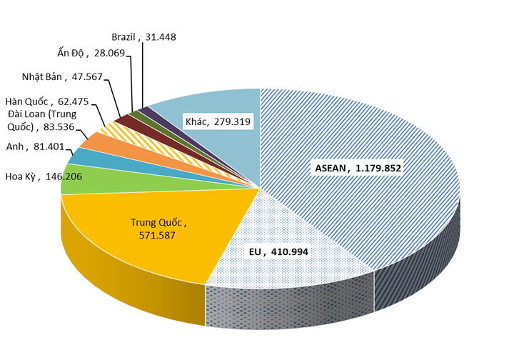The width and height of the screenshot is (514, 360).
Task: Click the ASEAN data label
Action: pos(357,169)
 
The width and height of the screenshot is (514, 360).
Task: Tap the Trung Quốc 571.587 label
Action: pos(158,227)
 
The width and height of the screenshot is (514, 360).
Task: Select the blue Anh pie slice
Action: pos(84,156)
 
